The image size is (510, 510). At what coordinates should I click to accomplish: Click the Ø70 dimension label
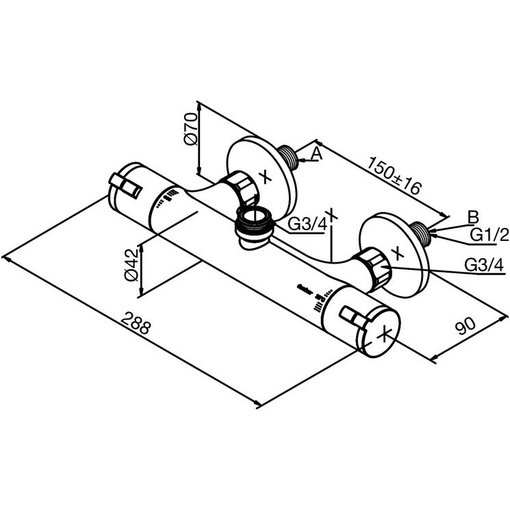click(190, 129)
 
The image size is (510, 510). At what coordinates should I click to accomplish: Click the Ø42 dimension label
click(131, 265)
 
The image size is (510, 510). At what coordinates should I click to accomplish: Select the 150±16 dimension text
click(394, 175)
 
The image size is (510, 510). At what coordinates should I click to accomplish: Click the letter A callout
click(316, 153)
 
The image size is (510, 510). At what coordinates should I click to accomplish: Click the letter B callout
click(473, 217)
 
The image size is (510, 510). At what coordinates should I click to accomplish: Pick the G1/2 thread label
click(489, 235)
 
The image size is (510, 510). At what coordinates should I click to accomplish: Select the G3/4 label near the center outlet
click(307, 224)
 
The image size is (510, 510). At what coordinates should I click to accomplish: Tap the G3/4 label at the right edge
click(484, 265)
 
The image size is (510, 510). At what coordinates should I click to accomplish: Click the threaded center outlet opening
click(255, 220)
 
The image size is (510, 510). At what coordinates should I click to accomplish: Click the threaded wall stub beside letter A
click(289, 157)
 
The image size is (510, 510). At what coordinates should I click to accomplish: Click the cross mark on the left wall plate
click(266, 177)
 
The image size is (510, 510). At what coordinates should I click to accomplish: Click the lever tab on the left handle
click(125, 186)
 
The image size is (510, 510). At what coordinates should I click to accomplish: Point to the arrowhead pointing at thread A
click(301, 160)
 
